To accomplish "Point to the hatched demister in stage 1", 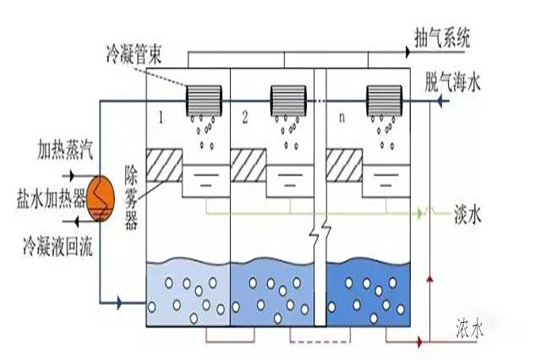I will point(164,164).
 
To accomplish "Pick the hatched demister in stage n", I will point(344,164).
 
